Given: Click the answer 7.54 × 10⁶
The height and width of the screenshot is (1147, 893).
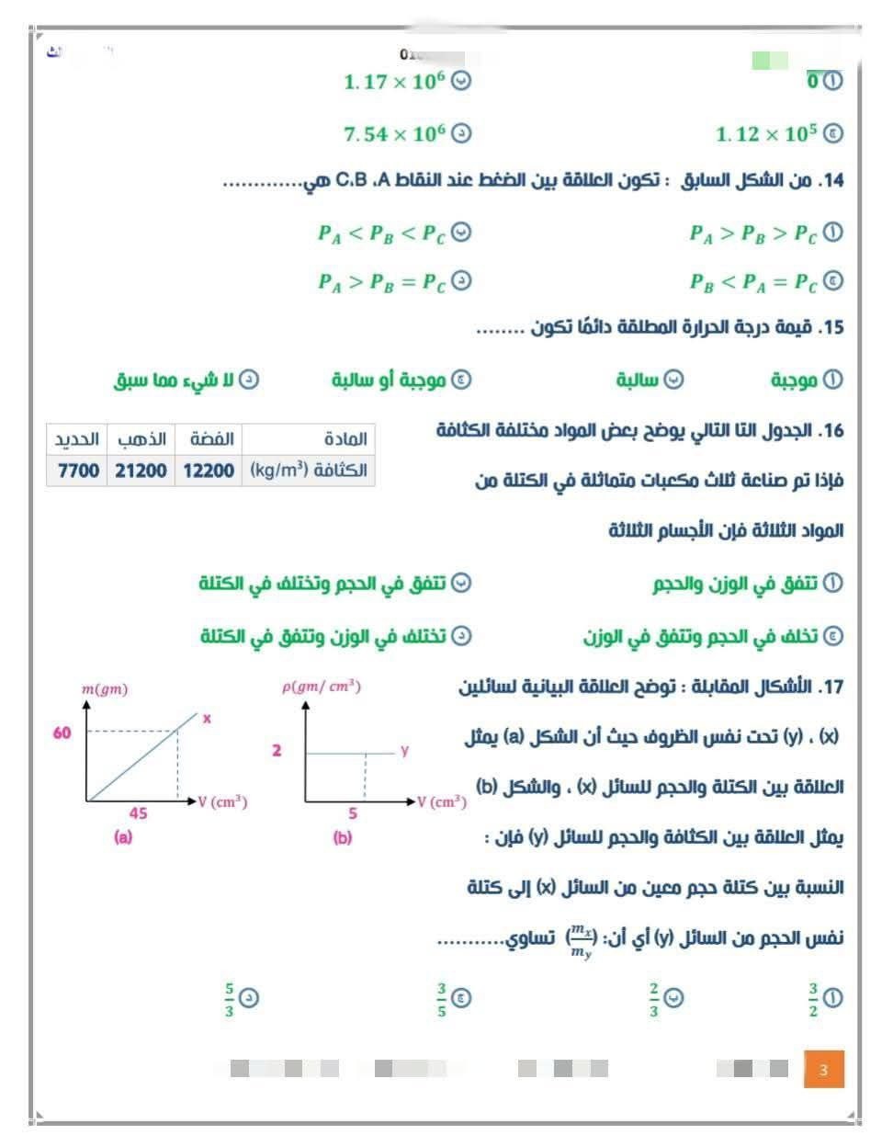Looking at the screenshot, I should pos(395,134).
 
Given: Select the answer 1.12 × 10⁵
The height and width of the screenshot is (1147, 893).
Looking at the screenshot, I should pos(766,134).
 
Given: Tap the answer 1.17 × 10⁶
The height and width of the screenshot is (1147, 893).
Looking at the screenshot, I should pos(395,82).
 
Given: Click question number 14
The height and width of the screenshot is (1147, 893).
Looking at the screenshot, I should pos(831,180).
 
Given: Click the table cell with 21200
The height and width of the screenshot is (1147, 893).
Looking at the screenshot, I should pos(141,471).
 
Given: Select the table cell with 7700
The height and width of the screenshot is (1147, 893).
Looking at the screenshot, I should pos(78,471).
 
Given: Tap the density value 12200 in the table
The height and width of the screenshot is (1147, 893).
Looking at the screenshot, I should pos(209,471).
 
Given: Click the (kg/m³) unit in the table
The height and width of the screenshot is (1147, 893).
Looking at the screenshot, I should pos(278,471).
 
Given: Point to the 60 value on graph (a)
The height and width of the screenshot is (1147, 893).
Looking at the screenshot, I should pos(62,732).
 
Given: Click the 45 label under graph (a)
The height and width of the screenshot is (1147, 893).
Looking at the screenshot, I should pos(138,813).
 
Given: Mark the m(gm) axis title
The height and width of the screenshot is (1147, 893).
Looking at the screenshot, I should pos(105,689).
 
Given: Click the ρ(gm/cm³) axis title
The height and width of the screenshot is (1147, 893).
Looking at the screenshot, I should pos(321,687).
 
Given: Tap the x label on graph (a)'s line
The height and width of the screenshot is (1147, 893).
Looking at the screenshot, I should pos(207,719).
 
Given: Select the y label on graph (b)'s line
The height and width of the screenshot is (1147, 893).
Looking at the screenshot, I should pos(404,751).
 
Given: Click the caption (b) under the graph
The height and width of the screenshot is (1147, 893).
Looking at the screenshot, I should pos(342,837).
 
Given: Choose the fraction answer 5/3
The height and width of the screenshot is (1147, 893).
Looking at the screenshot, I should pos(230,1000).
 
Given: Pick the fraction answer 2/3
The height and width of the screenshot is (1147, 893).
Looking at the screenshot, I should pos(654,1000).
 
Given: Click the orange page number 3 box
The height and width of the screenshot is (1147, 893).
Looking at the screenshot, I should pos(823,1069).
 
